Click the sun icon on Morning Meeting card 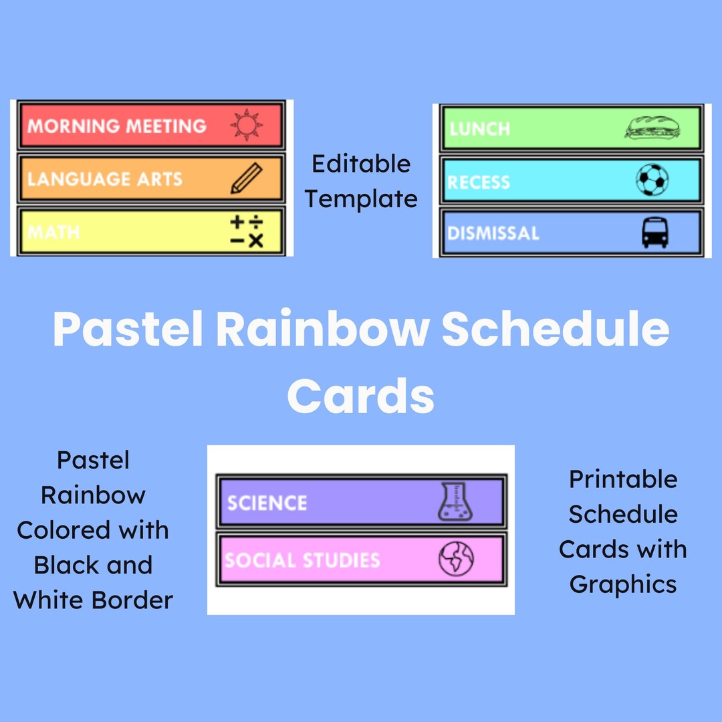[247, 125]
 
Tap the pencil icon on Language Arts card [246, 179]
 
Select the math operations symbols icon [247, 231]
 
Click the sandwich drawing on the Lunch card [652, 127]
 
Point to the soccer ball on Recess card [652, 180]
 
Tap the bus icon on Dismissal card [654, 233]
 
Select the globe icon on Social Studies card [456, 559]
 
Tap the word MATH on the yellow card [53, 233]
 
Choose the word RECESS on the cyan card [479, 182]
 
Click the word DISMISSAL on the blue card [493, 233]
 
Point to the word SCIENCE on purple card [267, 503]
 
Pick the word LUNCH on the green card [480, 128]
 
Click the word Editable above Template [361, 164]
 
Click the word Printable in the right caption [623, 479]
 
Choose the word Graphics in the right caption [623, 584]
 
